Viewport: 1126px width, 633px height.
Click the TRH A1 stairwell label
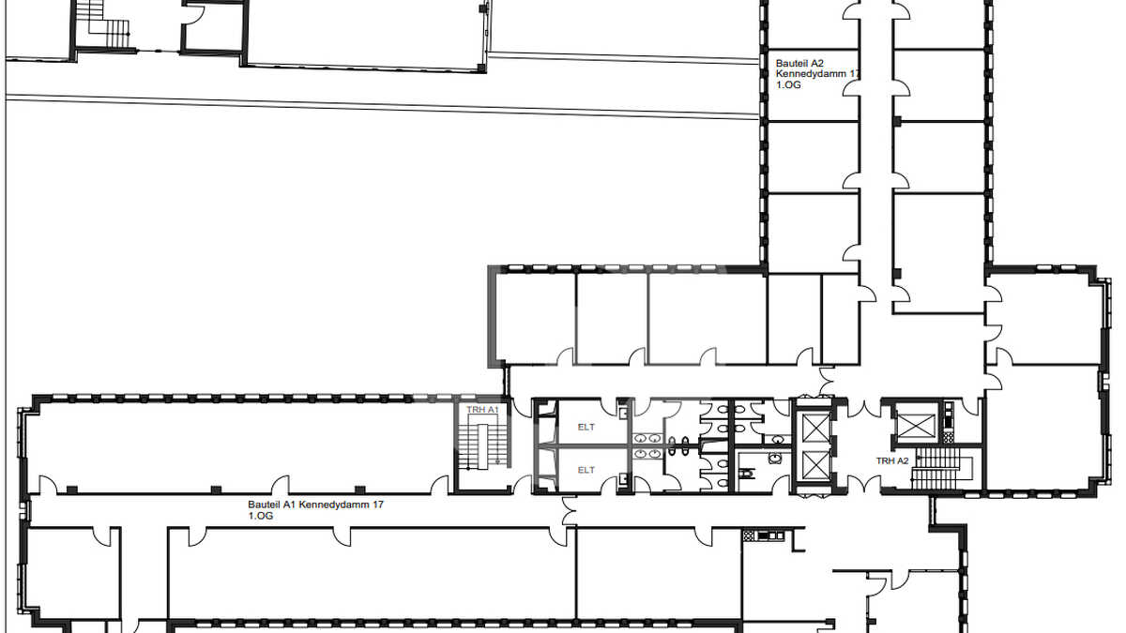tap(482, 410)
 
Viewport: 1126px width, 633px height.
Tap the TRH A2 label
tap(892, 460)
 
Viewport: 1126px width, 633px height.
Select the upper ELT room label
tap(586, 427)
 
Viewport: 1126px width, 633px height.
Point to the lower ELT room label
tap(586, 470)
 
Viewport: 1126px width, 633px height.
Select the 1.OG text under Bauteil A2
tap(788, 85)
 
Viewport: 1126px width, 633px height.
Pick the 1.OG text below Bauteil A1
tap(261, 516)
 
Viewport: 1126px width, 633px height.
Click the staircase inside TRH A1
tap(482, 447)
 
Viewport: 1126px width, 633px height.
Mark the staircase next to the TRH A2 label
tap(938, 468)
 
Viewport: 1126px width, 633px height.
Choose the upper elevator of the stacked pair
tap(814, 429)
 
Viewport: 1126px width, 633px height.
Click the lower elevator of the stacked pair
tap(814, 465)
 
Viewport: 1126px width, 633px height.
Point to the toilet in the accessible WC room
tap(748, 474)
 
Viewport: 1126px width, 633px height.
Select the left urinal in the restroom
tap(672, 445)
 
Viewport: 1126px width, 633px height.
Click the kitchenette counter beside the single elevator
tap(948, 422)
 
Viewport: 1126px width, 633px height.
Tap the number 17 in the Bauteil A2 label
tap(855, 74)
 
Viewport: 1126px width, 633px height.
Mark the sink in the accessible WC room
tap(773, 458)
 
